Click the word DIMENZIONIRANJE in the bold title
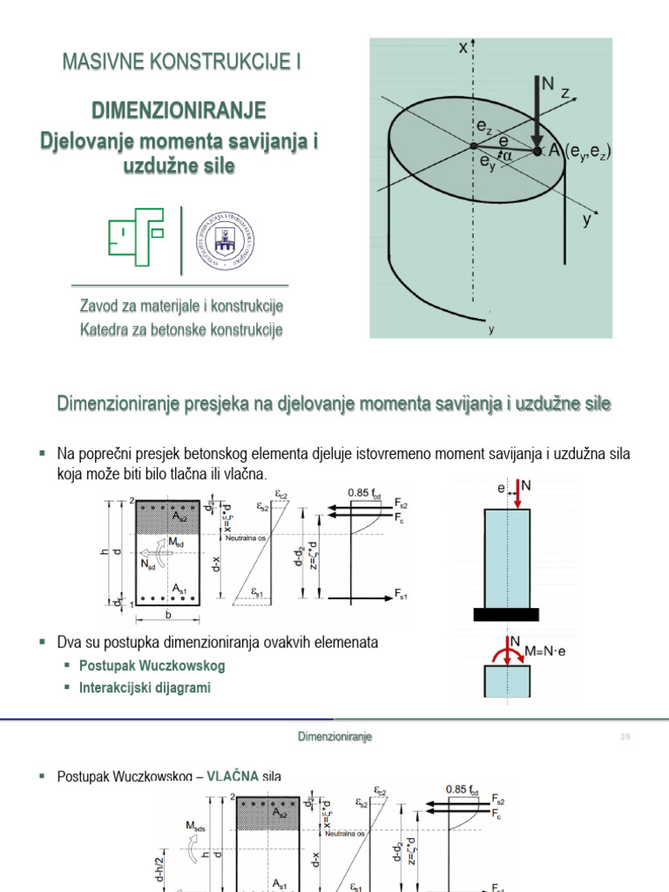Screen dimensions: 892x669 point(179,111)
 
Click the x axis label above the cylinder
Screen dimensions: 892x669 point(463,50)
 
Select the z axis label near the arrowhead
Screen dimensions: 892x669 point(565,92)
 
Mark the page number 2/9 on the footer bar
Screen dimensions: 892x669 point(625,737)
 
